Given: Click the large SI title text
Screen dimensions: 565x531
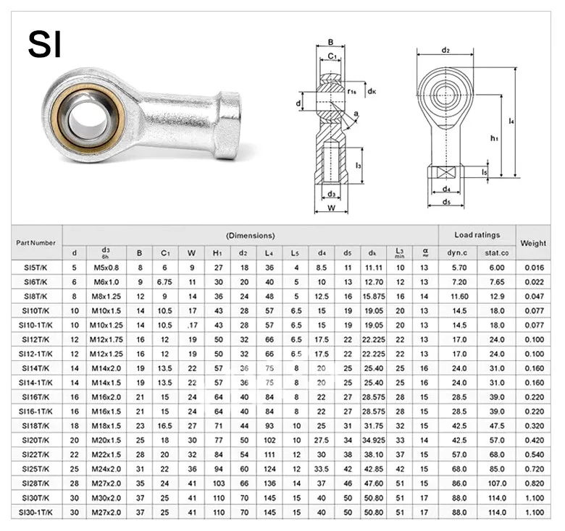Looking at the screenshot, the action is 45,44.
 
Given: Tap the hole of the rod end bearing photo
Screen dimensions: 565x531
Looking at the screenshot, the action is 88,119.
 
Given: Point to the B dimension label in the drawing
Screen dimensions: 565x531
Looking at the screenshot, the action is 331,42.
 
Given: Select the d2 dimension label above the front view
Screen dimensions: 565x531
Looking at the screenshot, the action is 445,50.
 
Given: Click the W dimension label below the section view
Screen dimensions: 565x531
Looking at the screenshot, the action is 332,208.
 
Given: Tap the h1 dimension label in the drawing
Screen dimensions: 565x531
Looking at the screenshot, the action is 494,137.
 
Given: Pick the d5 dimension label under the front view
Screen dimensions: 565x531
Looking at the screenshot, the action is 446,202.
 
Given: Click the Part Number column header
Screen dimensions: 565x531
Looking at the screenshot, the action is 35,243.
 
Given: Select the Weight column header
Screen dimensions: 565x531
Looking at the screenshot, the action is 533,243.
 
